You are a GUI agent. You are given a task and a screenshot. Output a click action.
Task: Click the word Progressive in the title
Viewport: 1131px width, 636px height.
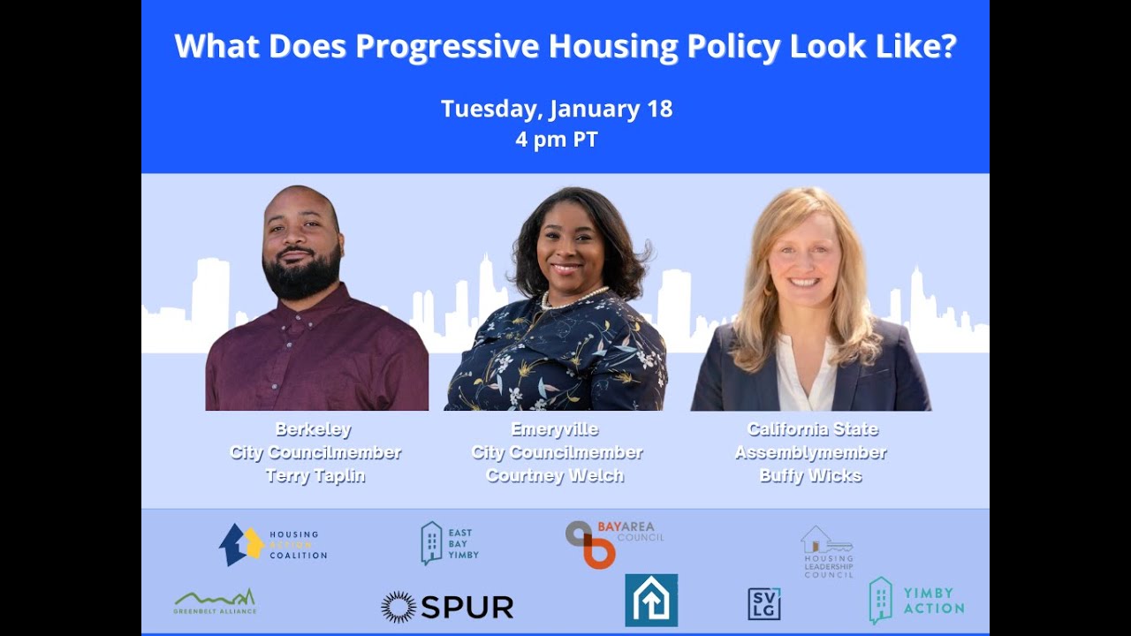[x=447, y=46]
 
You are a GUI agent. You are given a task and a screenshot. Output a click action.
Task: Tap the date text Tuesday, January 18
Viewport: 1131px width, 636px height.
[x=557, y=110]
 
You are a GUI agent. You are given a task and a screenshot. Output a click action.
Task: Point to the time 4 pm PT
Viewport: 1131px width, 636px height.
[x=557, y=140]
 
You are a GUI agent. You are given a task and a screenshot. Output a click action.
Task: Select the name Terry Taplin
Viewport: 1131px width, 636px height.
[x=315, y=476]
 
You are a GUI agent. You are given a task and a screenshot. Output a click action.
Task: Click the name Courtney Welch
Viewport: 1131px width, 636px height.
[x=555, y=476]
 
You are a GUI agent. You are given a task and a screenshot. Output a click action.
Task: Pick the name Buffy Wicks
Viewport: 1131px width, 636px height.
[x=810, y=476]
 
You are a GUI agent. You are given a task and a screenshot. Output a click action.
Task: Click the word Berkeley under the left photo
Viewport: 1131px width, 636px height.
[x=314, y=430]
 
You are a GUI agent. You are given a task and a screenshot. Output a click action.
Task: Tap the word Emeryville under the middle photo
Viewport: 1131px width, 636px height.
[x=555, y=430]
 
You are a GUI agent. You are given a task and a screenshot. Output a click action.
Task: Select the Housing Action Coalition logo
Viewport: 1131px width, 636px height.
[x=273, y=544]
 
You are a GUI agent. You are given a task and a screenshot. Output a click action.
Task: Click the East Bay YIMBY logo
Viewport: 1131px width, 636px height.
[x=450, y=542]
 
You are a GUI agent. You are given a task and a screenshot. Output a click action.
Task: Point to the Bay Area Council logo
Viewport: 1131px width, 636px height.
[x=613, y=542]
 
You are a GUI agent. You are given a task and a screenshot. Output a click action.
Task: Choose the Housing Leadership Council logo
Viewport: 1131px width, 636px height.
[x=828, y=551]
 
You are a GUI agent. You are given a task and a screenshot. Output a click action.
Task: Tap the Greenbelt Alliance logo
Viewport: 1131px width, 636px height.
[x=215, y=602]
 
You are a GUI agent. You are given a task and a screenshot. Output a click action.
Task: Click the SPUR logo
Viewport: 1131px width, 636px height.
[x=447, y=607]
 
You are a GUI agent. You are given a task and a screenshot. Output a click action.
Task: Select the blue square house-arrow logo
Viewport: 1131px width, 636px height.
[x=651, y=601]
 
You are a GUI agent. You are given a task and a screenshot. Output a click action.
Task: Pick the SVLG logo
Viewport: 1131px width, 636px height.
[x=764, y=604]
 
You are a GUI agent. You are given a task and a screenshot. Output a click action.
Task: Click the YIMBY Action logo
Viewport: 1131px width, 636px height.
[x=916, y=601]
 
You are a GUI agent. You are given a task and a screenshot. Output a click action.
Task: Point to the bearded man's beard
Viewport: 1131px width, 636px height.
[x=302, y=276]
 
